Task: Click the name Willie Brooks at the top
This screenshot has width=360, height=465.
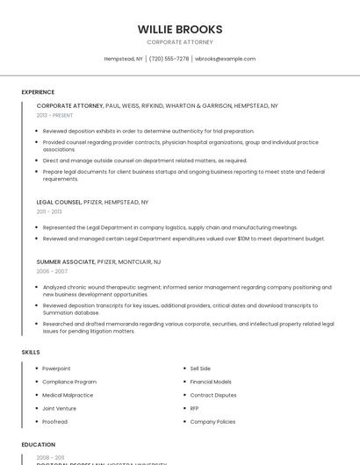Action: pyautogui.click(x=180, y=29)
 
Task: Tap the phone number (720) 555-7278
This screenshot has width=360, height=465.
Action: pyautogui.click(x=169, y=59)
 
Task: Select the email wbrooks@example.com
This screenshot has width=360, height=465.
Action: pyautogui.click(x=225, y=59)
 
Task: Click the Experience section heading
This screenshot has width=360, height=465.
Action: pyautogui.click(x=38, y=92)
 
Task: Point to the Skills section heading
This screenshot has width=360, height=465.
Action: pyautogui.click(x=30, y=352)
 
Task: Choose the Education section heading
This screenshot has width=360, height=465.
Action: pyautogui.click(x=38, y=445)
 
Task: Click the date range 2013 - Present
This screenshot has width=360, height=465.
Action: pyautogui.click(x=55, y=115)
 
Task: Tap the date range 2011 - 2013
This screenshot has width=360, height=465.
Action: pyautogui.click(x=49, y=211)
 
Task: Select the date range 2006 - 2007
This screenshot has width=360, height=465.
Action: pyautogui.click(x=50, y=271)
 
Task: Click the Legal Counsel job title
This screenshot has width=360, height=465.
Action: pyautogui.click(x=59, y=202)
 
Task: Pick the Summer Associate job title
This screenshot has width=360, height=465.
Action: pyautogui.click(x=65, y=261)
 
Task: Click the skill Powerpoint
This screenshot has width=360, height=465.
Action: pyautogui.click(x=56, y=368)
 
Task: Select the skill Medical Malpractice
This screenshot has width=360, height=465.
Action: pyautogui.click(x=67, y=395)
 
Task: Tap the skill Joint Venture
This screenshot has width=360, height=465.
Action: pyautogui.click(x=59, y=408)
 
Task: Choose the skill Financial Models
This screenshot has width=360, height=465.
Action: pyautogui.click(x=211, y=382)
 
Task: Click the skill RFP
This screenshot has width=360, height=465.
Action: pyautogui.click(x=194, y=408)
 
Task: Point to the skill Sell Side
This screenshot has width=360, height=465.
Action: pyautogui.click(x=200, y=368)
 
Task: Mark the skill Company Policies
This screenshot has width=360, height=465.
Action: pyautogui.click(x=212, y=421)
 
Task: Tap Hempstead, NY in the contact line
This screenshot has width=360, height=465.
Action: pyautogui.click(x=124, y=59)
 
